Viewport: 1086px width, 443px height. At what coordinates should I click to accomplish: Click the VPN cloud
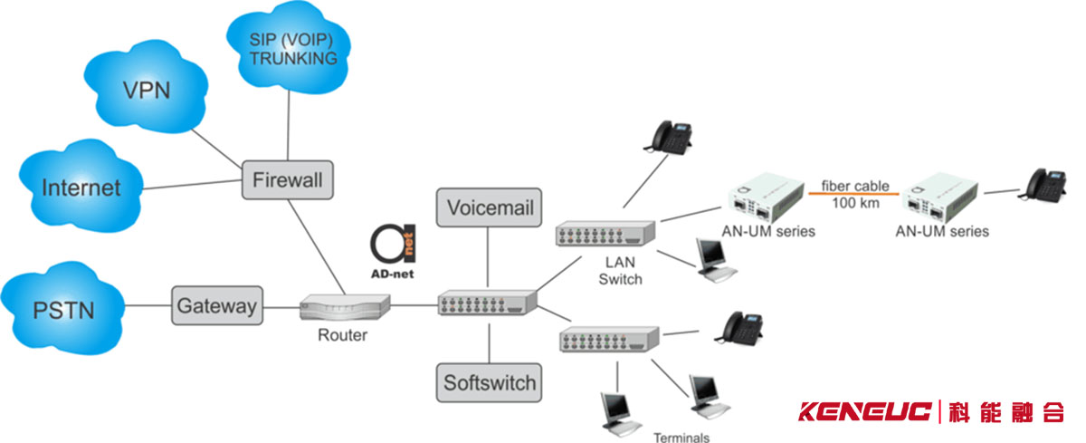147,90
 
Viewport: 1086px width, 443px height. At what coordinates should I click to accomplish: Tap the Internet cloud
81,188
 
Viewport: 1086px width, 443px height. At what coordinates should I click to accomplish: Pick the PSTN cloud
61,308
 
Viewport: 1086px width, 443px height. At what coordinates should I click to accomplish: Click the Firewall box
286,179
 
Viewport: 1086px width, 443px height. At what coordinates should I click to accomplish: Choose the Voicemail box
490,207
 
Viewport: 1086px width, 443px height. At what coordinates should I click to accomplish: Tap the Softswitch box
490,382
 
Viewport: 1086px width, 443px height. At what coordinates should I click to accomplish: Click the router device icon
343,309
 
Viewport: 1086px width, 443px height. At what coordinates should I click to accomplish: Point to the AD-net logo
392,249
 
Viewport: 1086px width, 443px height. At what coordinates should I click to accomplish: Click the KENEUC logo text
864,413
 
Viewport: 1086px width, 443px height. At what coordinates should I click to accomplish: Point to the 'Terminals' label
681,437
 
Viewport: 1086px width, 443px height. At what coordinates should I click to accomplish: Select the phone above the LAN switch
667,135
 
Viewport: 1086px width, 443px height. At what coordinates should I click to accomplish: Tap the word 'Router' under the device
342,335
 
